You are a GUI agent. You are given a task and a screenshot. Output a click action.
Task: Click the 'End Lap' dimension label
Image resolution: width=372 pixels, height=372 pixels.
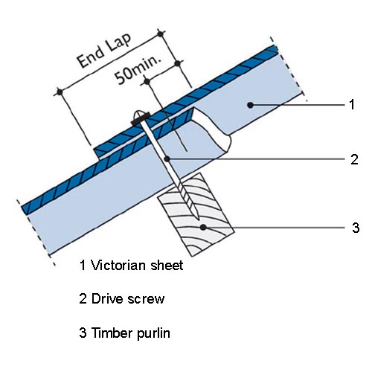pyautogui.click(x=104, y=51)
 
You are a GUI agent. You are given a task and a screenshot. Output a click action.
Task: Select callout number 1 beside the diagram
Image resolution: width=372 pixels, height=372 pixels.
pyautogui.click(x=352, y=104)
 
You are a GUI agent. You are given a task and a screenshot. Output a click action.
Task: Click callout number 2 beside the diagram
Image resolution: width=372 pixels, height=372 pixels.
pyautogui.click(x=354, y=159)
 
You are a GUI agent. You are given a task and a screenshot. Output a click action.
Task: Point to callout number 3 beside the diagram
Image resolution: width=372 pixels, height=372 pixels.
pyautogui.click(x=356, y=228)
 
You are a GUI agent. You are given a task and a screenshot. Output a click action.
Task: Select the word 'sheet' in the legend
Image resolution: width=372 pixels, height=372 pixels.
pyautogui.click(x=167, y=265)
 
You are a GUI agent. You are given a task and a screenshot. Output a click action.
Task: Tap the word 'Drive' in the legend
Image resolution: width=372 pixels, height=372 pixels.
pyautogui.click(x=106, y=298)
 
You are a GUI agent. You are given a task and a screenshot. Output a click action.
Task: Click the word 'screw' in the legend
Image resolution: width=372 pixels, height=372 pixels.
pyautogui.click(x=146, y=300)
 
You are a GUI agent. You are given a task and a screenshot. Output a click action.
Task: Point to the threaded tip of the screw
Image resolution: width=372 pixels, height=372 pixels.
pyautogui.click(x=190, y=203)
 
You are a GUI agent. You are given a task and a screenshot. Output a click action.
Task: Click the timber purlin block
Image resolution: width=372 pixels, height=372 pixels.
pyautogui.click(x=196, y=215)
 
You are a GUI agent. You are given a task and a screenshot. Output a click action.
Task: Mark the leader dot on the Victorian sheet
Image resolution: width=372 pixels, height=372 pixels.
pyautogui.click(x=250, y=105)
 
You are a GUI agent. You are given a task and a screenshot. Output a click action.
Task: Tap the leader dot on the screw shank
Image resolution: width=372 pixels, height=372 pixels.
pyautogui.click(x=167, y=158)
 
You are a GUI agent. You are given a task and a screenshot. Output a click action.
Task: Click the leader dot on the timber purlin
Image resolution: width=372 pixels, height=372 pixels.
pyautogui.click(x=203, y=228)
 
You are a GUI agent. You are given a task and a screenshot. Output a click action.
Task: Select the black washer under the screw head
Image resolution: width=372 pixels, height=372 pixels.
pyautogui.click(x=141, y=118)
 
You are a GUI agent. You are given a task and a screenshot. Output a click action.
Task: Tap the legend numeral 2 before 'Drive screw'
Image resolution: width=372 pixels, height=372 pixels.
pyautogui.click(x=83, y=298)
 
